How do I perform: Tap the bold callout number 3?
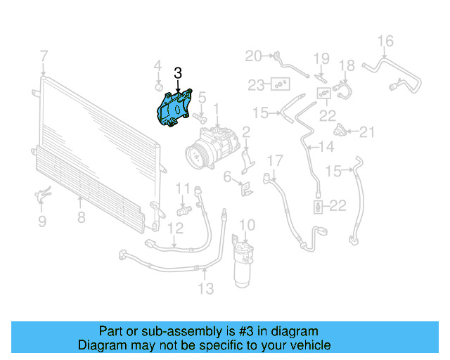point(178,72)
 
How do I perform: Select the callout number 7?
point(44,56)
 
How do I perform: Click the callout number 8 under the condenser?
point(82,217)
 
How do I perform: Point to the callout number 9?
point(41,221)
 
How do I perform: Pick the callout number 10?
point(246,225)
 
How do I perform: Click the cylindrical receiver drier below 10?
point(245,266)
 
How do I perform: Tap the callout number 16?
point(385,40)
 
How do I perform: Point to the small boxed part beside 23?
point(281,84)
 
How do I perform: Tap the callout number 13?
point(205,288)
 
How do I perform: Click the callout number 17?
point(274,160)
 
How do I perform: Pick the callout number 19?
point(321,58)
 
